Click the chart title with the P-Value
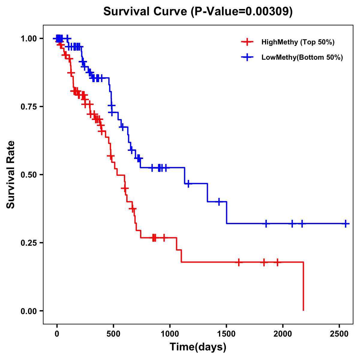coord(198,12)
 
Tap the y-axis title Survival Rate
coord(11,175)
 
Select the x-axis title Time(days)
coord(198,347)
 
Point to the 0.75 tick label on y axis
coord(28,106)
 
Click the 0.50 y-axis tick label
coord(28,175)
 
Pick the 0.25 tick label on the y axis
coord(28,243)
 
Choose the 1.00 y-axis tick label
coord(28,38)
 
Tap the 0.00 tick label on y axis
coord(28,311)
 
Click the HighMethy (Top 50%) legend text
coord(298,42)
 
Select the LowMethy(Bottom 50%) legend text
coord(302,58)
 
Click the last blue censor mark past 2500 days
coord(346,223)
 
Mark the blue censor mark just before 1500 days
coord(219,202)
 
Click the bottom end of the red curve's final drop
coord(303,310)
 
